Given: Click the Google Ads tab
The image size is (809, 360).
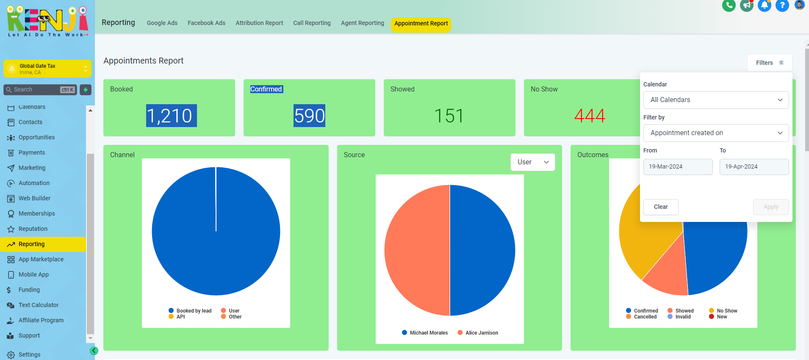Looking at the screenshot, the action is (x=162, y=23).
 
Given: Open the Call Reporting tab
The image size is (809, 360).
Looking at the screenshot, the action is (x=312, y=23).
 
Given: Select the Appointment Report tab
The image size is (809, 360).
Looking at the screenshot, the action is (x=421, y=24).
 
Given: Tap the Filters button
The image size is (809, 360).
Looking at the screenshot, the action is (x=770, y=63).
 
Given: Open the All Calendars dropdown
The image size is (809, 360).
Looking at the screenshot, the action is (x=716, y=100).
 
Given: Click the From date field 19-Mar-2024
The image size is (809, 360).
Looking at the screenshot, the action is (x=678, y=167).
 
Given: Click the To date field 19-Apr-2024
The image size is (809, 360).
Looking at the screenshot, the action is (x=754, y=167).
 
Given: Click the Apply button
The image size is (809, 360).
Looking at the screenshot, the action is (x=771, y=207).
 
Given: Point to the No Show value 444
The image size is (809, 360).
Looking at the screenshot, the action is (x=590, y=116).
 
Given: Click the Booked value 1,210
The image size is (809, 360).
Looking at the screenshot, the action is (x=172, y=116).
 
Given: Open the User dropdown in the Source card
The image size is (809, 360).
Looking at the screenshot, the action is (x=533, y=162).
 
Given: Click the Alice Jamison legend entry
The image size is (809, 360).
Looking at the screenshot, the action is (x=478, y=333).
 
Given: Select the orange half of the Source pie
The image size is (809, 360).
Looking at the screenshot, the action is (x=417, y=250).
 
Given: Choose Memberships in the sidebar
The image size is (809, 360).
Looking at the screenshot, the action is (x=37, y=213).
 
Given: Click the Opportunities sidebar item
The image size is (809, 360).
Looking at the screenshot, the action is (x=36, y=137).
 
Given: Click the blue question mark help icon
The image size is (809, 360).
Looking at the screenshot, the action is (x=782, y=6).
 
